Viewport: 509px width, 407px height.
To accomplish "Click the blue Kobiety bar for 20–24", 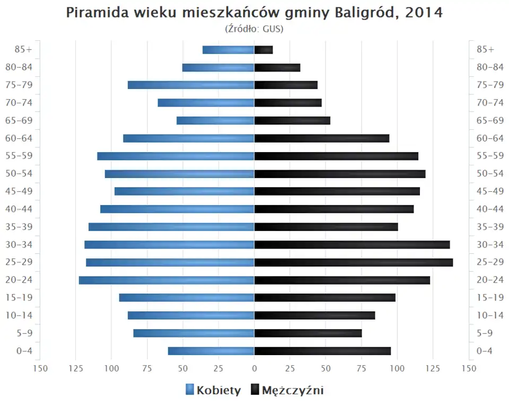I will pyautogui.click(x=166, y=280).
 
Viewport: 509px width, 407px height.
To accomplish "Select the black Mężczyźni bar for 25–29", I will pyautogui.click(x=354, y=262).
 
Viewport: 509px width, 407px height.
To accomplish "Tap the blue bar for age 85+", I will pyautogui.click(x=229, y=50).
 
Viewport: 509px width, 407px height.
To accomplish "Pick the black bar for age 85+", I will pyautogui.click(x=264, y=50).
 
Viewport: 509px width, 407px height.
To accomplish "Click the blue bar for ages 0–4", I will pyautogui.click(x=211, y=351).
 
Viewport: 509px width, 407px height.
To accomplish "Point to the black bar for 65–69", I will pyautogui.click(x=292, y=120).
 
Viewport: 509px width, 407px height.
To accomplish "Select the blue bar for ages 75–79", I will pyautogui.click(x=191, y=85).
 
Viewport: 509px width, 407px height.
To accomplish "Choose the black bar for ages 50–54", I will pyautogui.click(x=340, y=174).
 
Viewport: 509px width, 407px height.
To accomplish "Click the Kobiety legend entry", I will pyautogui.click(x=214, y=391).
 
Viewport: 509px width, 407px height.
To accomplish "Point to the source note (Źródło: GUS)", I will pyautogui.click(x=254, y=29).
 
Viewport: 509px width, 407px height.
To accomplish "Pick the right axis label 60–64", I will pyautogui.click(x=490, y=138).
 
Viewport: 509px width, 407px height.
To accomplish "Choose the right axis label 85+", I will pyautogui.click(x=485, y=50).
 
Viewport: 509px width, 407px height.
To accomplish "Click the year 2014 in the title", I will pyautogui.click(x=423, y=13).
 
